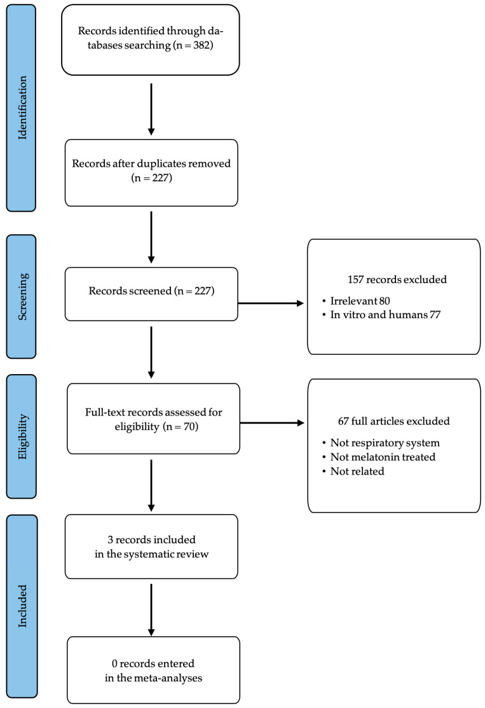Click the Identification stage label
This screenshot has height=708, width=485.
(22, 108)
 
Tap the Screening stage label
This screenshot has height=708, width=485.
(22, 296)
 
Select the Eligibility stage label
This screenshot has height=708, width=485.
(22, 436)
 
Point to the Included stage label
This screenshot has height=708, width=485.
(22, 606)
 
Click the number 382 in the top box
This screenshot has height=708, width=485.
(202, 45)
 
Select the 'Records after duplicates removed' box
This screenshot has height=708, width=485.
(151, 173)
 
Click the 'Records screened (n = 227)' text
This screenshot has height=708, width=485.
(151, 291)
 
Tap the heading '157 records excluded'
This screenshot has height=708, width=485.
(397, 279)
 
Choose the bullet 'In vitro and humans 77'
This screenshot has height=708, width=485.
(381, 315)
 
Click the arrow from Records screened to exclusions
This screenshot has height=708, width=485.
(271, 303)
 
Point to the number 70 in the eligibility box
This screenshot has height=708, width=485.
(189, 427)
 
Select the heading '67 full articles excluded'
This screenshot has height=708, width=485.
(394, 421)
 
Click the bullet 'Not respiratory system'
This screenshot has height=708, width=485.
(381, 443)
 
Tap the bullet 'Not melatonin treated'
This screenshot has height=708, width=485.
(379, 457)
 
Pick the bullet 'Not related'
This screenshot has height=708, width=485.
(353, 471)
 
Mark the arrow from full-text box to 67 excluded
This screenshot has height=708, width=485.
(272, 423)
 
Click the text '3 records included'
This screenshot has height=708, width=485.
(151, 539)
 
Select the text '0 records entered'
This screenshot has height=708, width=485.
(153, 663)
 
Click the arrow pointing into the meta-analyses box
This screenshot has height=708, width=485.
(151, 610)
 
